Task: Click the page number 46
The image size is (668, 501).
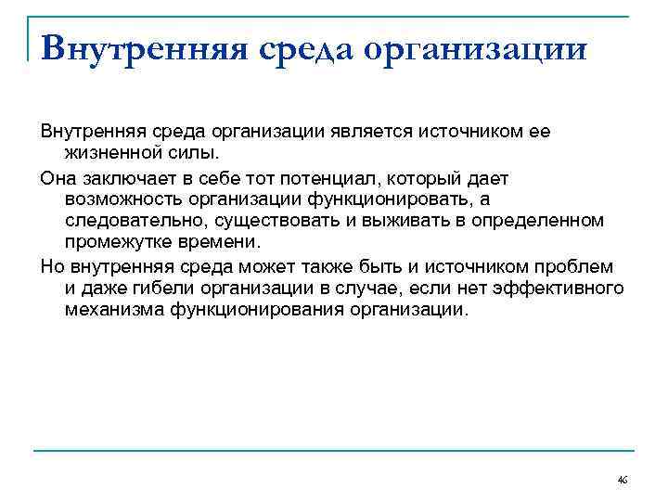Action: pos(622,480)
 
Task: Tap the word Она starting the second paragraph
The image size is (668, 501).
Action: pos(59,176)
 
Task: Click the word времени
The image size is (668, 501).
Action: pos(224,243)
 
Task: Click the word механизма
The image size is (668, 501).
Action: pos(114,311)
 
